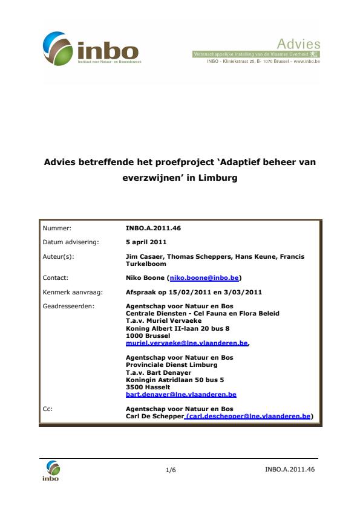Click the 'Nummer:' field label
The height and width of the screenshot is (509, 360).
[57, 229]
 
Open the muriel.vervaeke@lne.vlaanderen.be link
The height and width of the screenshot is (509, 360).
[186, 342]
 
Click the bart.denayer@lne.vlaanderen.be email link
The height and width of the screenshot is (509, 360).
[181, 394]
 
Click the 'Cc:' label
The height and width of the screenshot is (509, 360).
[48, 408]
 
